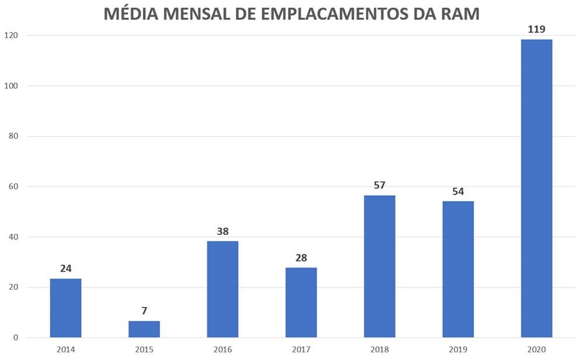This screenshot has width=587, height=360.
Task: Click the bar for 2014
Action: [x=65, y=308]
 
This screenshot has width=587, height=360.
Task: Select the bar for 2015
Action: [x=144, y=329]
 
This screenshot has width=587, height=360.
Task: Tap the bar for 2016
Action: [x=223, y=289]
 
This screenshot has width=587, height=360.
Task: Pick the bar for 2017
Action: [x=301, y=302]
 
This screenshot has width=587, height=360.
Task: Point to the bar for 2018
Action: [x=380, y=266]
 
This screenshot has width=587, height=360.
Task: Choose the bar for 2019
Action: [x=458, y=269]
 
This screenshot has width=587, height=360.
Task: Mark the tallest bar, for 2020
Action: [x=536, y=188]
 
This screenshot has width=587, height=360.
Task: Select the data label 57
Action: [x=380, y=185]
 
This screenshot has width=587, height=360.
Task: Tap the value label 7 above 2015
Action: [x=144, y=311]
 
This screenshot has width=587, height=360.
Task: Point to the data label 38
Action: [x=223, y=231]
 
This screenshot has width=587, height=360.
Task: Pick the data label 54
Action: [x=458, y=191]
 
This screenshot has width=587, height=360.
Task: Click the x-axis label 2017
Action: [x=301, y=349]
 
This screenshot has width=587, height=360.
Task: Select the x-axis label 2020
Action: [x=536, y=349]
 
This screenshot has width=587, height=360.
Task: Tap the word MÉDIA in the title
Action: [x=130, y=14]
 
